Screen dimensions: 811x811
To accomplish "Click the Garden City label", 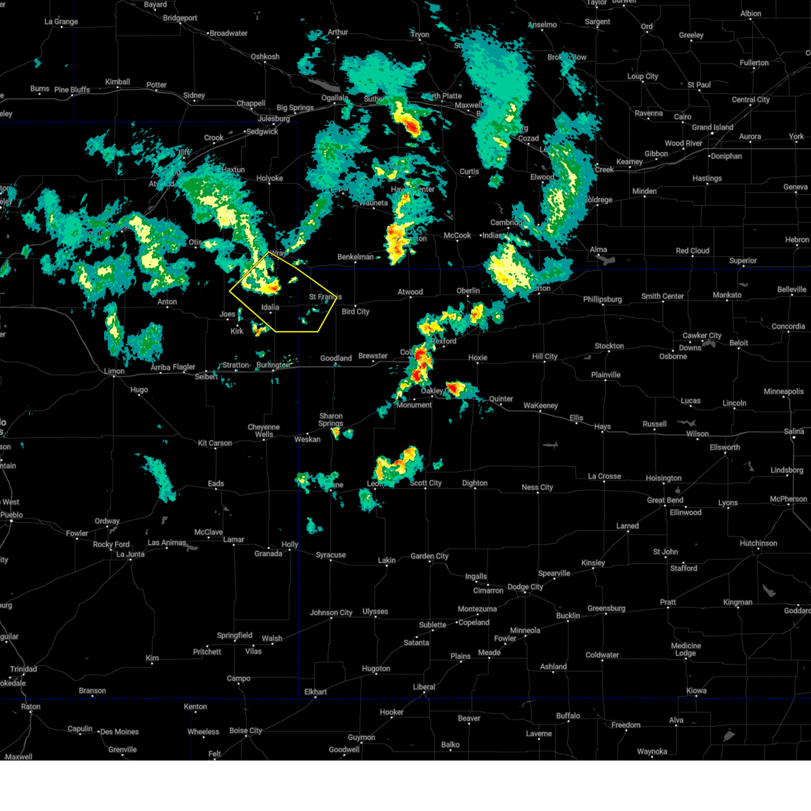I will [x=429, y=556].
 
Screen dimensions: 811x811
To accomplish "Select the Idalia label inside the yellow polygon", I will [x=270, y=308].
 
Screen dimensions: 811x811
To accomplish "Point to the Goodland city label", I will [x=336, y=358].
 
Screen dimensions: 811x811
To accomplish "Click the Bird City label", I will [x=355, y=312].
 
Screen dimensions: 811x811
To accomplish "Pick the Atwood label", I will [x=410, y=292].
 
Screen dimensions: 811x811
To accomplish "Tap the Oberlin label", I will [x=468, y=291].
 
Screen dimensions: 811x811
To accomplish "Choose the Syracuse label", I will [x=331, y=555].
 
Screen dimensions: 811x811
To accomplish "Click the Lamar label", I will [x=234, y=539].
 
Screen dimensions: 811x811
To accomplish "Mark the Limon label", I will [x=114, y=371].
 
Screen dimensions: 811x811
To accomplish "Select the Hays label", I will [x=602, y=426].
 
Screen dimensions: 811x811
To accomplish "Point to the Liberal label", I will [x=424, y=687].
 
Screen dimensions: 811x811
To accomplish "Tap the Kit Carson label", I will [x=215, y=443].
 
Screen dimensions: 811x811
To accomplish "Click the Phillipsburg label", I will [x=602, y=299].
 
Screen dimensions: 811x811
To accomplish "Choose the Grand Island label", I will [x=712, y=127].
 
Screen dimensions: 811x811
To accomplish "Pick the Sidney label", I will [x=194, y=95].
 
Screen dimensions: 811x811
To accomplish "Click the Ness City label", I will [x=537, y=487].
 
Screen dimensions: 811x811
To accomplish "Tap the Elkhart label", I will [x=316, y=691].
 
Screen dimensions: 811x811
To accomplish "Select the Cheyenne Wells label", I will [x=264, y=431].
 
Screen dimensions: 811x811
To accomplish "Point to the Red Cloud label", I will [x=693, y=251].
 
